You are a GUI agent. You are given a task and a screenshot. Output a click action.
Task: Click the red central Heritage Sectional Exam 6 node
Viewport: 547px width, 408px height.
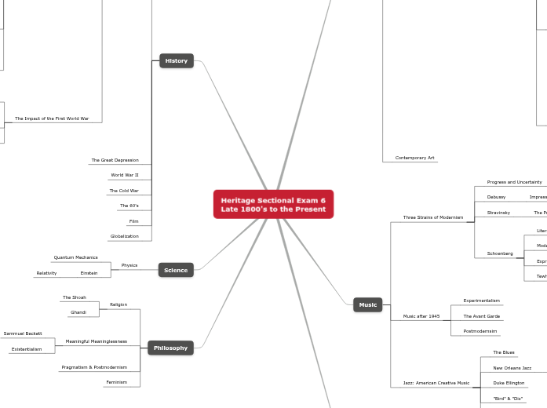(x=273, y=204)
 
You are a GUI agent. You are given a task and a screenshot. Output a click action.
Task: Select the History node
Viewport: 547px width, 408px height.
(x=177, y=60)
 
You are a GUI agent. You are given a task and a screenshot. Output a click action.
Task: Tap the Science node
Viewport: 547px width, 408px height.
(x=176, y=270)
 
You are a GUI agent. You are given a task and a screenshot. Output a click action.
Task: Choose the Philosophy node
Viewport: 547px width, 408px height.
(x=170, y=348)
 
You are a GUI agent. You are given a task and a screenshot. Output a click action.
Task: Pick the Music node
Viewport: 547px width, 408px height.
(x=367, y=304)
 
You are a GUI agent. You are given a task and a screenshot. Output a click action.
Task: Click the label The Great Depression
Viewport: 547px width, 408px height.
(x=115, y=160)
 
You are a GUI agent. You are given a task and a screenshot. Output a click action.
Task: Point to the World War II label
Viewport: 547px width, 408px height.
(x=125, y=175)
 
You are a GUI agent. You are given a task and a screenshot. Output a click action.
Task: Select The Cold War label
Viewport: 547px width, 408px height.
(x=124, y=191)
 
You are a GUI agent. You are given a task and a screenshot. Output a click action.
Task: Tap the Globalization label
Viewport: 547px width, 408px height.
(x=124, y=236)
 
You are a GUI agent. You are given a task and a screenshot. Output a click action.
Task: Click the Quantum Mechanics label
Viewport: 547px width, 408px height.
(x=76, y=257)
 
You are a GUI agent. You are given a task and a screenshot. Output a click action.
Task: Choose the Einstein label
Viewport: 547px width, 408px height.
(x=89, y=273)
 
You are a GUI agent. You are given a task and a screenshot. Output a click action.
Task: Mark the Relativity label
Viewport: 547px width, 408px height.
(x=46, y=273)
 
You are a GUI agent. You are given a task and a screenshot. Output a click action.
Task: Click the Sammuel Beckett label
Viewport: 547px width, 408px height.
(x=23, y=333)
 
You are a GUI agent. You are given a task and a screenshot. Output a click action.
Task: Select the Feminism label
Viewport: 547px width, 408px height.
(x=116, y=382)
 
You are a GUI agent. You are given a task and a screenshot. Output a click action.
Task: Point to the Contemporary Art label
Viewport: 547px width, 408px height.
(x=414, y=158)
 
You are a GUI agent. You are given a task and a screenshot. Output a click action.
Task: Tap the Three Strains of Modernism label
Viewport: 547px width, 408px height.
(x=433, y=217)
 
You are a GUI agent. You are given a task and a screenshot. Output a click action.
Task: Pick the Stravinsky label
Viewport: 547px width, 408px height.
(x=498, y=213)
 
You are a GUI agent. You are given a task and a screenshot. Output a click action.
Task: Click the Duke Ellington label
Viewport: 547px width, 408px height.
(x=509, y=383)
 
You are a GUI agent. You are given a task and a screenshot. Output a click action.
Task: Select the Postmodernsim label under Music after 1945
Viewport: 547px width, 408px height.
(x=480, y=331)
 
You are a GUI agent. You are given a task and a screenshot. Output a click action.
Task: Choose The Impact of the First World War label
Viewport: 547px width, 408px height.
(x=52, y=118)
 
